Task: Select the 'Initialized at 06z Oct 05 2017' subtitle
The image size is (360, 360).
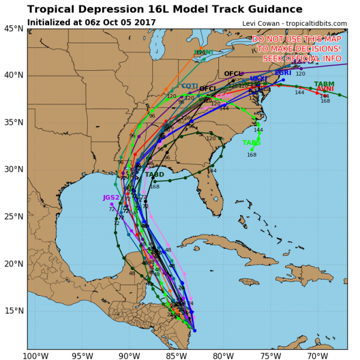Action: coord(92,22)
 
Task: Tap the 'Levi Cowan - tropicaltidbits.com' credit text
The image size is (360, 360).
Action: coord(294,23)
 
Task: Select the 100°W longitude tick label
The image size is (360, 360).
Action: coord(35,355)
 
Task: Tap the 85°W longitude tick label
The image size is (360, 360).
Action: coord(176,355)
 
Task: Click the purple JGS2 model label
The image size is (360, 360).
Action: coord(111,197)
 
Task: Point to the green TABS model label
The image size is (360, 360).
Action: coord(251,143)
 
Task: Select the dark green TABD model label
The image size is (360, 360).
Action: coord(154,175)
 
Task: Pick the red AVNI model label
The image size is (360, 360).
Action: coord(325,89)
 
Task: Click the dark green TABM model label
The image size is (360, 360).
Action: coord(324,84)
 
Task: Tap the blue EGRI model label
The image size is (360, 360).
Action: coord(283,73)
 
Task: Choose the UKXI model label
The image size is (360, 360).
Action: coord(258,79)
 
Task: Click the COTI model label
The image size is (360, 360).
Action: coord(190,86)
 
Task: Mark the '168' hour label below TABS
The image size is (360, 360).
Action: coord(251,155)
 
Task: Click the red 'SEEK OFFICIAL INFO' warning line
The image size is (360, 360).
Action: coord(302,58)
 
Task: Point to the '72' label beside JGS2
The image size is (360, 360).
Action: coord(112,209)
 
